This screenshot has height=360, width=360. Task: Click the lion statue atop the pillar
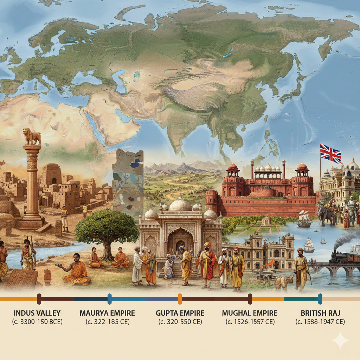tap(32, 136)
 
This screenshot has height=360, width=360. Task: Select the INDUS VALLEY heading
tap(37, 313)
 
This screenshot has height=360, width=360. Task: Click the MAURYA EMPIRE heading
tap(107, 313)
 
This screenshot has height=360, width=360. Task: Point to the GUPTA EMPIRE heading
tap(180, 313)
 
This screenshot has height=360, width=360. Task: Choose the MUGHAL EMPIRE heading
tap(250, 313)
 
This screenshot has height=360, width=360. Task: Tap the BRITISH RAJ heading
tap(320, 313)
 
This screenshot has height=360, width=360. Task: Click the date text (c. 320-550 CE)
tap(180, 321)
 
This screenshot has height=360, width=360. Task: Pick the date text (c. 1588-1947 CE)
tap(320, 321)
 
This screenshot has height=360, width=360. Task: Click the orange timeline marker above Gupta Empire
tap(180, 299)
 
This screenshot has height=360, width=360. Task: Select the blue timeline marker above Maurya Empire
tap(109, 299)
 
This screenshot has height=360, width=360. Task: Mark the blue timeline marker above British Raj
tap(320, 299)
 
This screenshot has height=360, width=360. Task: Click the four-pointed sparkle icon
tap(340, 340)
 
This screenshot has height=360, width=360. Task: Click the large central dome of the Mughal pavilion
tap(180, 204)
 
